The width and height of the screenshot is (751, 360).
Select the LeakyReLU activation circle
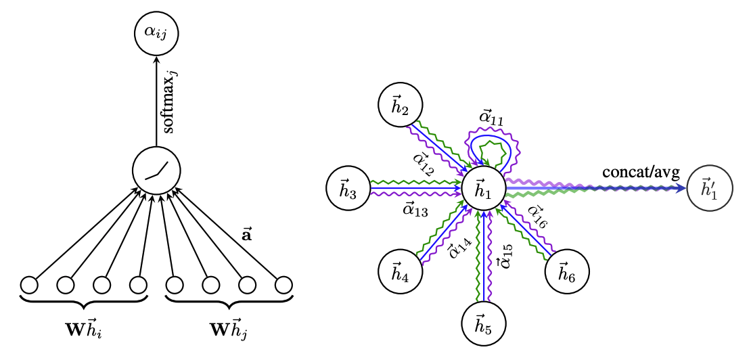(x=156, y=168)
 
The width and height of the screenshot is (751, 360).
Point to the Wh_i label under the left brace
(x=83, y=332)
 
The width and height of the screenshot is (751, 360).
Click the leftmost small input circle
(x=29, y=285)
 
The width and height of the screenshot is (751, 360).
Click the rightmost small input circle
(x=283, y=285)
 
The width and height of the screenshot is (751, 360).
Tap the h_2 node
(x=401, y=106)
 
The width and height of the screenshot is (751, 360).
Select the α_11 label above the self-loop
(x=493, y=118)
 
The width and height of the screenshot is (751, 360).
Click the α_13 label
(x=415, y=210)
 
